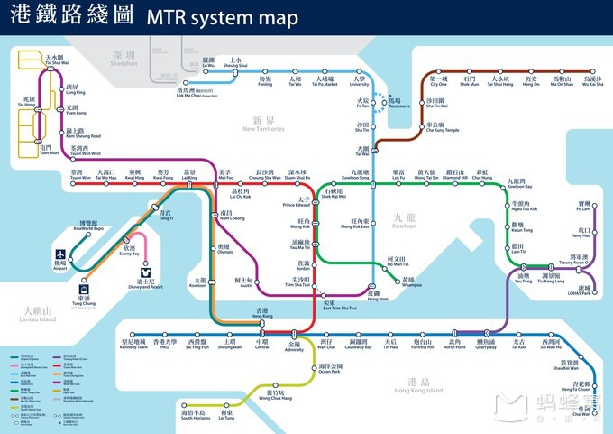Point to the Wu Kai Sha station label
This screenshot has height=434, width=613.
tap(592, 82)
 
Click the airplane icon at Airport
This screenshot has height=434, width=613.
tap(60, 255)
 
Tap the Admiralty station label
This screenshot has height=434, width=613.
tap(295, 347)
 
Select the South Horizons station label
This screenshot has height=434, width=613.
tap(195, 415)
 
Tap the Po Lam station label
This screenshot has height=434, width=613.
tap(585, 207)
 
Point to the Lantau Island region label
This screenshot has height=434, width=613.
tap(34, 313)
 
